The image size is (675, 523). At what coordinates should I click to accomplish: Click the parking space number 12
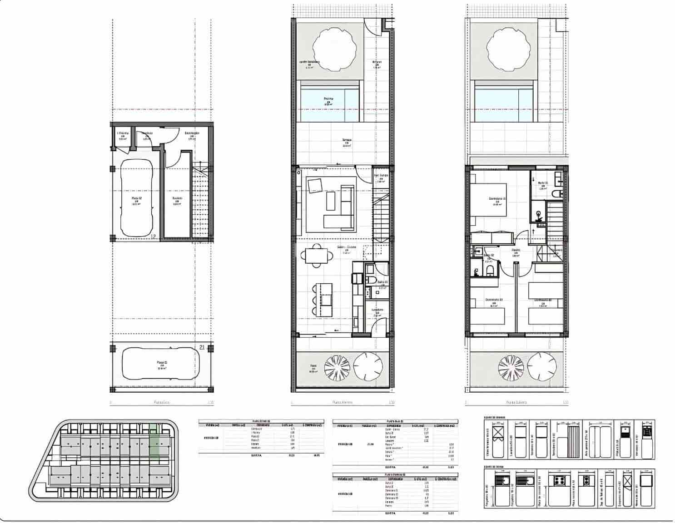tap(153, 236)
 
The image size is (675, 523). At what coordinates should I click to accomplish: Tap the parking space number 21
tap(202, 347)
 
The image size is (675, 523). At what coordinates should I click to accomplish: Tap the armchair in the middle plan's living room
tap(315, 186)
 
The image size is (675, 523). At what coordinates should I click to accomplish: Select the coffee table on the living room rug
tap(330, 201)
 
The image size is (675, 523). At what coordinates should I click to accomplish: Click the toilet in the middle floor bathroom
tap(370, 281)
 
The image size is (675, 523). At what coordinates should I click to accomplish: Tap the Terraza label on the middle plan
tap(346, 140)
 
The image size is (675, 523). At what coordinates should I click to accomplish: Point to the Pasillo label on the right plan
tap(516, 250)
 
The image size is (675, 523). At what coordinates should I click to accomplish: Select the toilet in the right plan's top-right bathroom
tap(557, 194)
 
